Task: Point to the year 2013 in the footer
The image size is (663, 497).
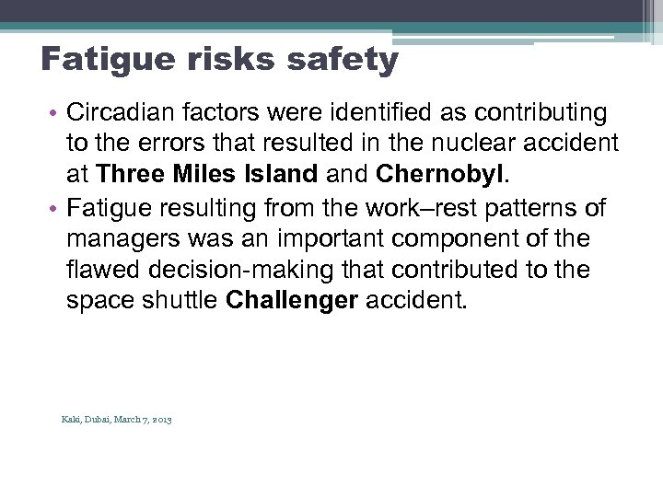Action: (x=160, y=420)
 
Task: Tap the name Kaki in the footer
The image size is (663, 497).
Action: (x=70, y=420)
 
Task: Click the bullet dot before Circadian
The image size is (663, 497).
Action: (x=53, y=114)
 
